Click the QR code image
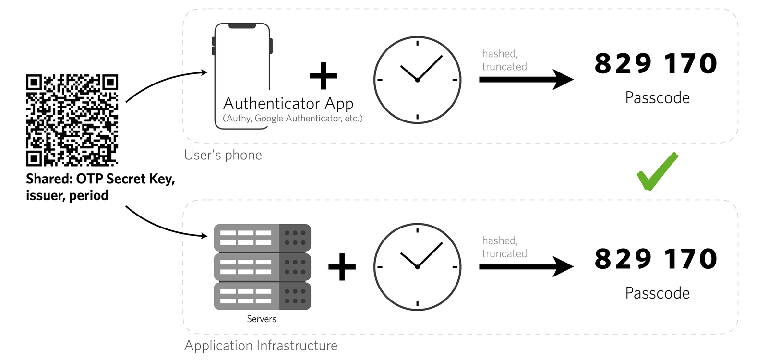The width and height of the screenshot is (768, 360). point(72,120)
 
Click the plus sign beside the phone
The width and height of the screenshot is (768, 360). point(324,76)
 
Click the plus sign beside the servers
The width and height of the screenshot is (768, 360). point(342,267)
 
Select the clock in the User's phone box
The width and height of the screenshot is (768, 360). point(417,80)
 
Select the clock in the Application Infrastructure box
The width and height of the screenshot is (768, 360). point(417,266)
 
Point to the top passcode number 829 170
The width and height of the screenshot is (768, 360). point(656,64)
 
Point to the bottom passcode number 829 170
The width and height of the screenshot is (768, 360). point(656,259)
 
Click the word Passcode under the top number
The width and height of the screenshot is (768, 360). point(657,98)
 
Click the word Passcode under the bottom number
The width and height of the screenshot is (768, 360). point(657,293)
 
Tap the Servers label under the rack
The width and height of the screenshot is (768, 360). point(262,319)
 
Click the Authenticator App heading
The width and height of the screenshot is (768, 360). point(288,104)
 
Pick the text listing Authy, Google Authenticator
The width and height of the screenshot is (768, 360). point(292,119)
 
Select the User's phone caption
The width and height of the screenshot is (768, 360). point(223,155)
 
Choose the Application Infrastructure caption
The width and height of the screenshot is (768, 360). point(261,346)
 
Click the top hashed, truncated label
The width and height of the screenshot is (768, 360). point(504,60)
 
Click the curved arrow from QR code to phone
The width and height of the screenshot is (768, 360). point(163,81)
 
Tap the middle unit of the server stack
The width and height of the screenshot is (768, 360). point(262,267)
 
